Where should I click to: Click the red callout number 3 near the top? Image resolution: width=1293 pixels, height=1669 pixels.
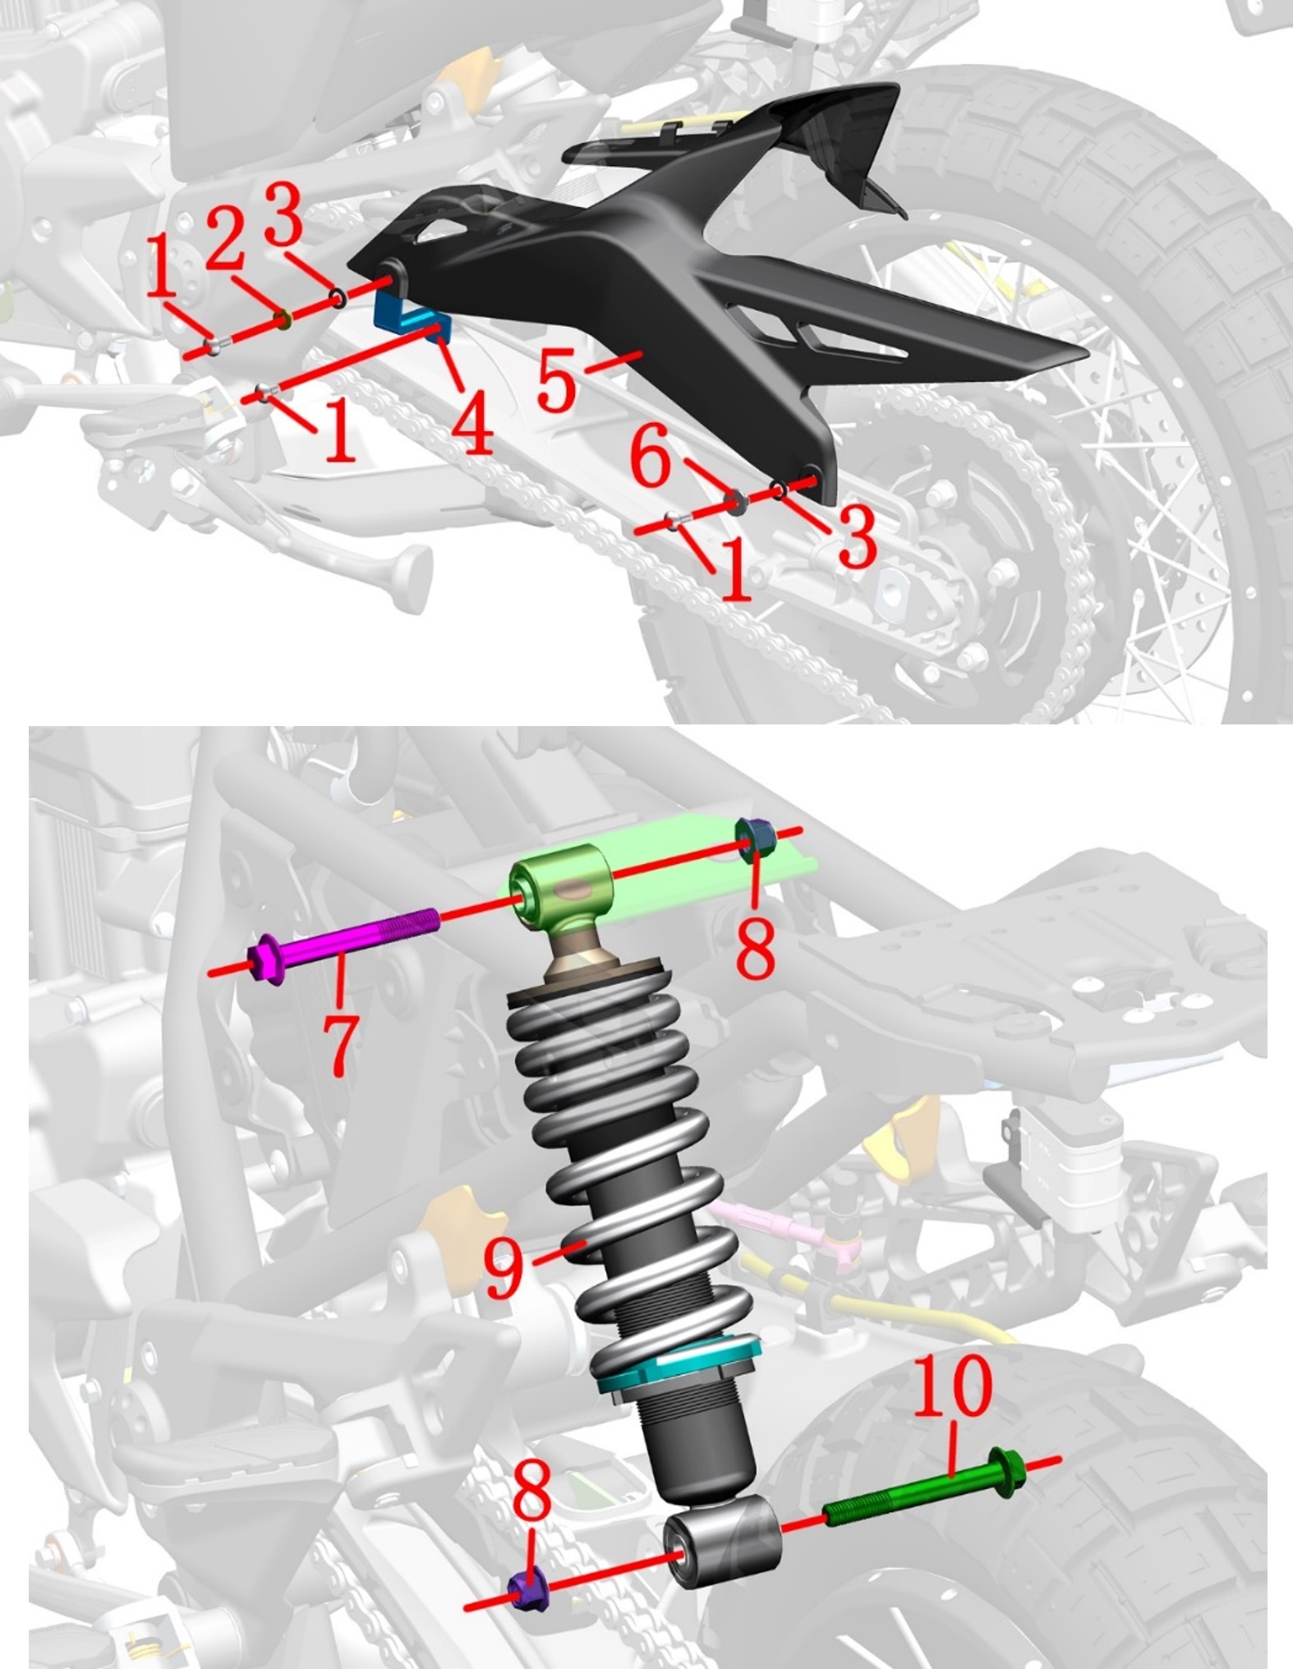tap(284, 214)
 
